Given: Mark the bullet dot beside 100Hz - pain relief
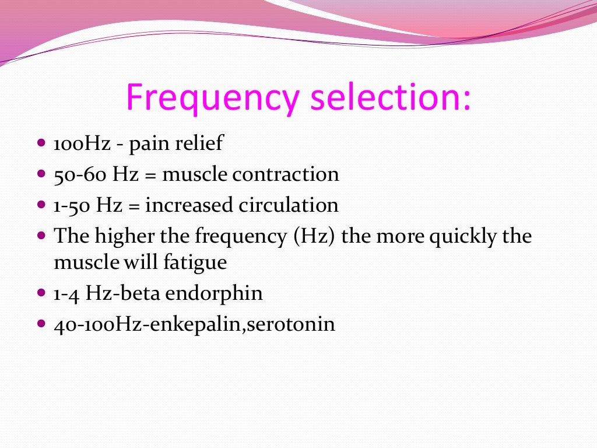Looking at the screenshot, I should (x=41, y=143).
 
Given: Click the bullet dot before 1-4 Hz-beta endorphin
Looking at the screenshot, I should (x=41, y=293).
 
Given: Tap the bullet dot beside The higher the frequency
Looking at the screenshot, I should (x=41, y=236).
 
